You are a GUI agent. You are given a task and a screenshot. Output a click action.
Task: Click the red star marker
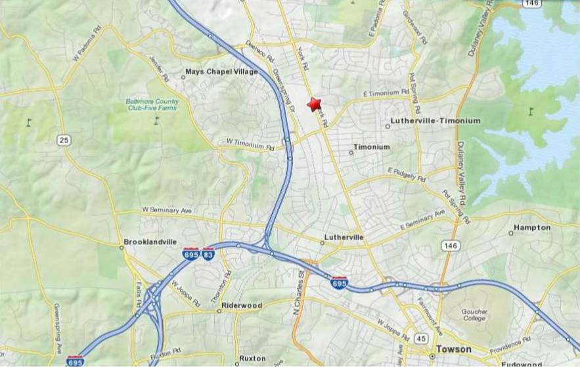click(315, 104)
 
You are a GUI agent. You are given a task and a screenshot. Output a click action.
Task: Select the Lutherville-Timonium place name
click(435, 121)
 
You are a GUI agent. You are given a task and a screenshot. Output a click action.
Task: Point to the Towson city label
click(453, 349)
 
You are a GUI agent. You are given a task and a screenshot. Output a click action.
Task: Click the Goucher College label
click(474, 315)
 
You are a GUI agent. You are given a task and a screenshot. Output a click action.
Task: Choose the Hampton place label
click(532, 228)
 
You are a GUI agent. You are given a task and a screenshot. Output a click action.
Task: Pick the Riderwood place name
click(242, 305)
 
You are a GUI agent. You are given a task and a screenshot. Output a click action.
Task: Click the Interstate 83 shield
click(208, 254)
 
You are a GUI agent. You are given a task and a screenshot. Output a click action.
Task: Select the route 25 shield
click(63, 140)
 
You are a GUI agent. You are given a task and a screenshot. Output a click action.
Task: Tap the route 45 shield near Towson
click(421, 338)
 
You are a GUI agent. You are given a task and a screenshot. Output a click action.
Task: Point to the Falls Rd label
click(139, 297)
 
